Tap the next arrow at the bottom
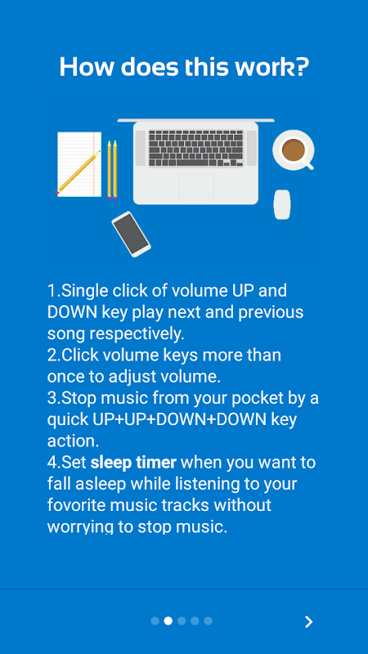tap(309, 621)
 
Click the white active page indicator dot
tap(168, 621)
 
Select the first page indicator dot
tap(155, 621)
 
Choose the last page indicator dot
tap(209, 621)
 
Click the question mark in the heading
tap(302, 67)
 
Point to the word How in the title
tap(85, 67)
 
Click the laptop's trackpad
tap(196, 186)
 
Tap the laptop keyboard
tap(195, 148)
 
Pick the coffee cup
tap(293, 150)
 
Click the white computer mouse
tap(282, 204)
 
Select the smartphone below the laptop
tap(131, 234)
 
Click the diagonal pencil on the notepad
tap(79, 172)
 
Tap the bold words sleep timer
tap(133, 463)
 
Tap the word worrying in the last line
tap(80, 527)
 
